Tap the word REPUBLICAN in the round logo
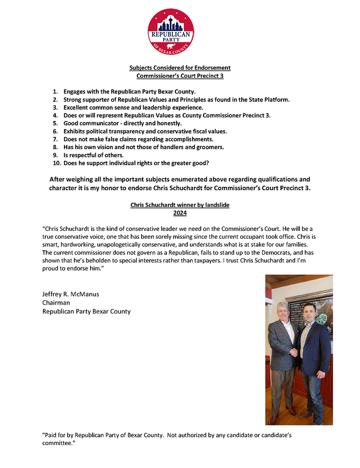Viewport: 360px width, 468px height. tap(171, 35)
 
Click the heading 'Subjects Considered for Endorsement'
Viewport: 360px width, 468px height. tap(180, 68)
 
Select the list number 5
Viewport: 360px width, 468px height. tap(55, 123)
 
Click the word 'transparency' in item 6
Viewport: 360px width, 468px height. tap(123, 131)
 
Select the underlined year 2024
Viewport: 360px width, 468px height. tap(180, 213)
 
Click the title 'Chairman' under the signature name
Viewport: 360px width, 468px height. tap(56, 303)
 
